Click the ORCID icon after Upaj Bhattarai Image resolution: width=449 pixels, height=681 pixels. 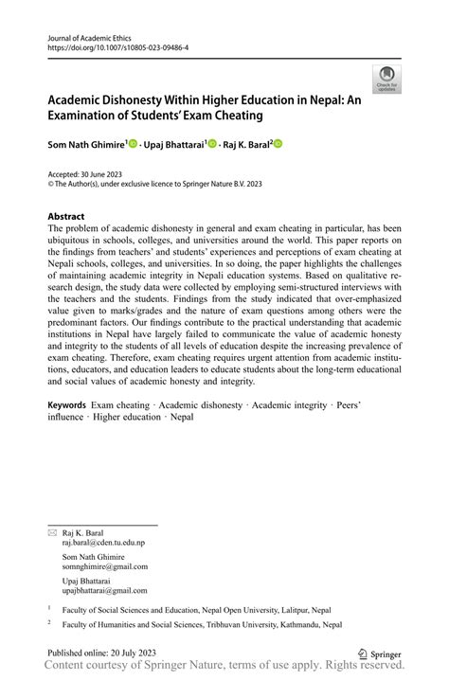click(212, 144)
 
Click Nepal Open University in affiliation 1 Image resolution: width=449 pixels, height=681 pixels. click(253, 612)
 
